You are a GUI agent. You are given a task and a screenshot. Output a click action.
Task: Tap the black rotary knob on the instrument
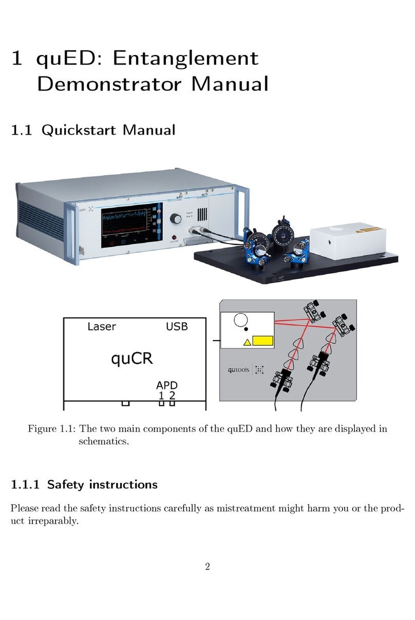(x=177, y=219)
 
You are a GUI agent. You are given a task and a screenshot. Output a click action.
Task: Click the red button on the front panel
(x=167, y=237)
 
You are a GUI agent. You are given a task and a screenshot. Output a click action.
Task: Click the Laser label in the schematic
(x=102, y=327)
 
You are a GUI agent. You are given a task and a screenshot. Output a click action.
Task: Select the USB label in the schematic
(x=177, y=327)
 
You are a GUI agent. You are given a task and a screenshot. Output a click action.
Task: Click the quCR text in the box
(x=133, y=359)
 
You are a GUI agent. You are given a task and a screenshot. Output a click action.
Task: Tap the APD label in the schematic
(x=167, y=385)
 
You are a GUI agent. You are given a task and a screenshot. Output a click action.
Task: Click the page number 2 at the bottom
(x=207, y=568)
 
